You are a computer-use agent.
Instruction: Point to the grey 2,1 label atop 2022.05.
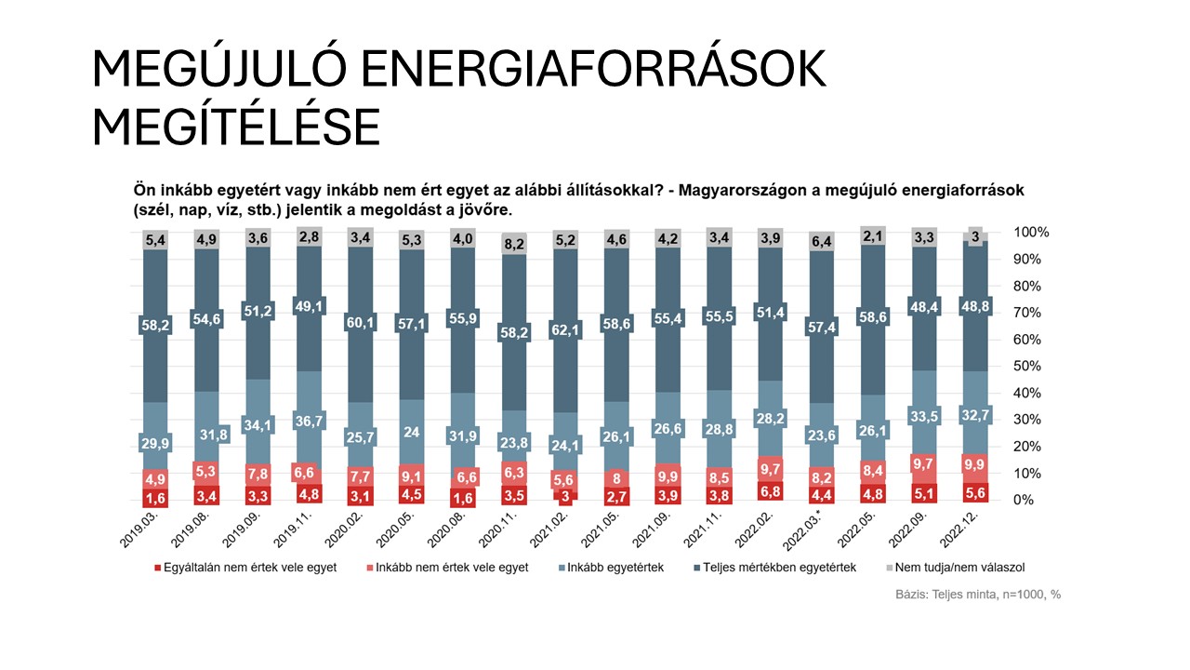(871, 235)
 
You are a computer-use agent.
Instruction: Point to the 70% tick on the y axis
(1029, 312)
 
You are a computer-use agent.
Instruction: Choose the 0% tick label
(1023, 500)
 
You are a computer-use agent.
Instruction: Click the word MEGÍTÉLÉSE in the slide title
(236, 127)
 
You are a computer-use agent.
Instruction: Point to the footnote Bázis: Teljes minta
(966, 595)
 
